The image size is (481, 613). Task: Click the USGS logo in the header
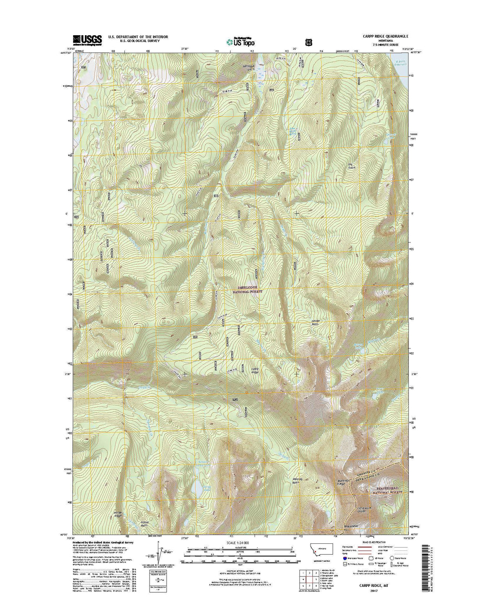[x=87, y=39]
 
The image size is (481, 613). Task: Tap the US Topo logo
[x=240, y=41]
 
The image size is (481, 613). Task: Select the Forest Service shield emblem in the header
[x=309, y=42]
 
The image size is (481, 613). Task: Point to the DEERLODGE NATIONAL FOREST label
[x=250, y=289]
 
